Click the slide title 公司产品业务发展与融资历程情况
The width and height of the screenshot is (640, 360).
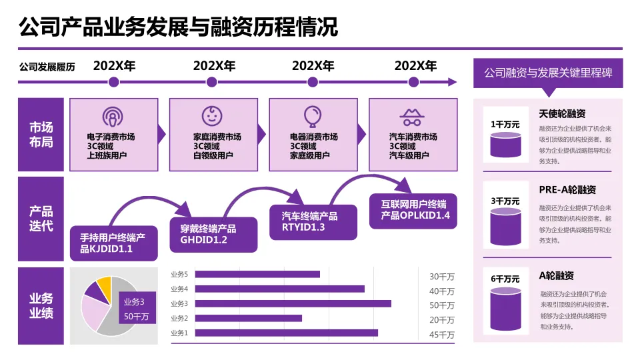pyautogui.click(x=179, y=27)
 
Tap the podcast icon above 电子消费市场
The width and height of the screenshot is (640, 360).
pyautogui.click(x=113, y=117)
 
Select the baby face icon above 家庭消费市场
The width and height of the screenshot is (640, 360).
pyautogui.click(x=213, y=115)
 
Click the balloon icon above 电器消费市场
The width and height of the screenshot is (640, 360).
pyautogui.click(x=312, y=116)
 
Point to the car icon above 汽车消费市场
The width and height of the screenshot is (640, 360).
pyautogui.click(x=413, y=117)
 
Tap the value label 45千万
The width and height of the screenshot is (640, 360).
pyautogui.click(x=441, y=335)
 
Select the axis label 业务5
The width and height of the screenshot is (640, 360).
pyautogui.click(x=179, y=275)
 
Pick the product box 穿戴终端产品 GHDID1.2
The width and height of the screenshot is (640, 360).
pyautogui.click(x=213, y=234)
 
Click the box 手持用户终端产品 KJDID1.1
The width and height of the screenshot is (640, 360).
pyautogui.click(x=114, y=243)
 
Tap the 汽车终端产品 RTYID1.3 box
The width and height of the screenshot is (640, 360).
pyautogui.click(x=313, y=222)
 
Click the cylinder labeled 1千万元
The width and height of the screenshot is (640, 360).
pyautogui.click(x=505, y=144)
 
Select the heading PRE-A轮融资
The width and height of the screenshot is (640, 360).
pyautogui.click(x=567, y=190)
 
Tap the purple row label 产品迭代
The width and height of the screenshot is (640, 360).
pyautogui.click(x=41, y=219)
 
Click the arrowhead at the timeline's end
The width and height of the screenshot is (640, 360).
pyautogui.click(x=453, y=82)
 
